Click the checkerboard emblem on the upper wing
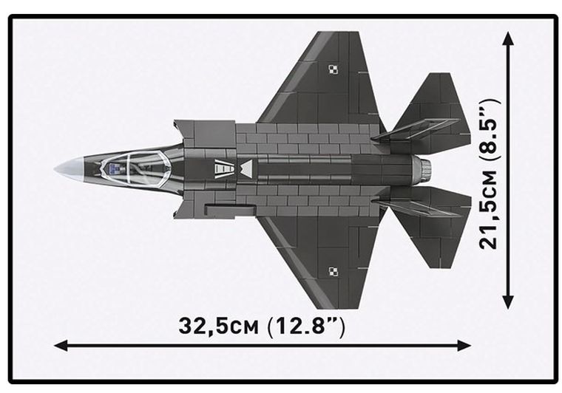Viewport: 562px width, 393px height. pyautogui.click(x=333, y=69)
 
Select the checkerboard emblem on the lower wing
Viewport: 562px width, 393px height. pyautogui.click(x=333, y=270)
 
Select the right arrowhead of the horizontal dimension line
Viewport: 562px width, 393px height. pyautogui.click(x=465, y=345)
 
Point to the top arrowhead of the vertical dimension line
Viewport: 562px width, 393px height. pyautogui.click(x=508, y=37)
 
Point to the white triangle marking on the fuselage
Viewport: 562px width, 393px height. pyautogui.click(x=246, y=169)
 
